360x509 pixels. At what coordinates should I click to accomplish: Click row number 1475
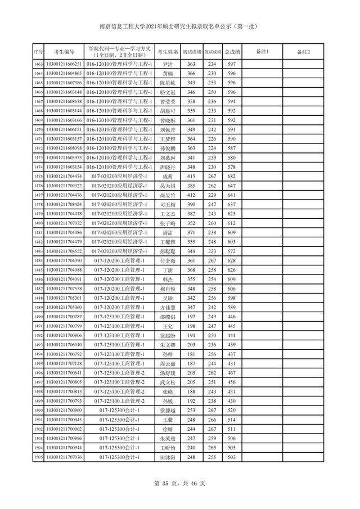[x=38, y=177]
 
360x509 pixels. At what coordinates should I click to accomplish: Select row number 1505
[x=38, y=457]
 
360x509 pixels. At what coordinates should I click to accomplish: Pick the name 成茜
[x=167, y=177]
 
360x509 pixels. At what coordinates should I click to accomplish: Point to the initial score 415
[x=191, y=177]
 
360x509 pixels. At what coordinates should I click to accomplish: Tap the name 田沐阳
[x=167, y=457]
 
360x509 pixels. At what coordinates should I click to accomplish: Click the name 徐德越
[x=167, y=411]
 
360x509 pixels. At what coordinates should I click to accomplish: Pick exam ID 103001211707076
[x=64, y=457]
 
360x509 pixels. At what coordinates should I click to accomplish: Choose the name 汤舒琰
[x=167, y=373]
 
